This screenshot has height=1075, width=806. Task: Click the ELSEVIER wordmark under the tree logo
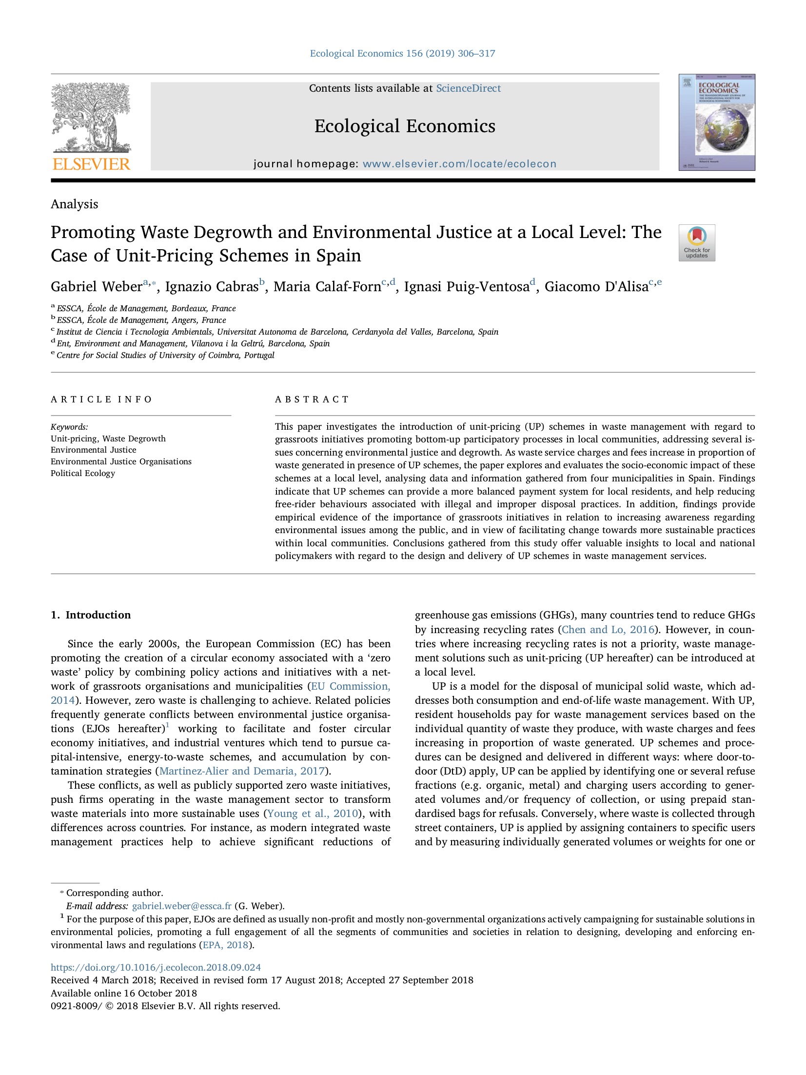pyautogui.click(x=91, y=164)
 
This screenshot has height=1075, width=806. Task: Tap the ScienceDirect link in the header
pyautogui.click(x=468, y=88)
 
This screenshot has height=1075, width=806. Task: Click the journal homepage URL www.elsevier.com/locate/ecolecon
pyautogui.click(x=459, y=164)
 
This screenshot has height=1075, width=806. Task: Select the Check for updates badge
pyautogui.click(x=696, y=242)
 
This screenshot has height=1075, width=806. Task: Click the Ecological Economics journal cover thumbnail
pyautogui.click(x=716, y=122)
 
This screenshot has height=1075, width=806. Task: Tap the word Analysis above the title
pyautogui.click(x=74, y=204)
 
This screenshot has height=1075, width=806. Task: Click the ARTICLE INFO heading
pyautogui.click(x=101, y=399)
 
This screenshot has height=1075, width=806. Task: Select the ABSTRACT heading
pyautogui.click(x=312, y=399)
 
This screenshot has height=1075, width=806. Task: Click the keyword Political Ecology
pyautogui.click(x=83, y=473)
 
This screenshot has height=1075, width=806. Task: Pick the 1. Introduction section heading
pyautogui.click(x=91, y=615)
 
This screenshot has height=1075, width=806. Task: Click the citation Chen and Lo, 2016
pyautogui.click(x=608, y=630)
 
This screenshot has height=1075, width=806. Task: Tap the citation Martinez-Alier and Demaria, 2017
pyautogui.click(x=242, y=771)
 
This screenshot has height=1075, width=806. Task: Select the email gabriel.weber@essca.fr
pyautogui.click(x=181, y=906)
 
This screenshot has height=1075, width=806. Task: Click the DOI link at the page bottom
pyautogui.click(x=156, y=967)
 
